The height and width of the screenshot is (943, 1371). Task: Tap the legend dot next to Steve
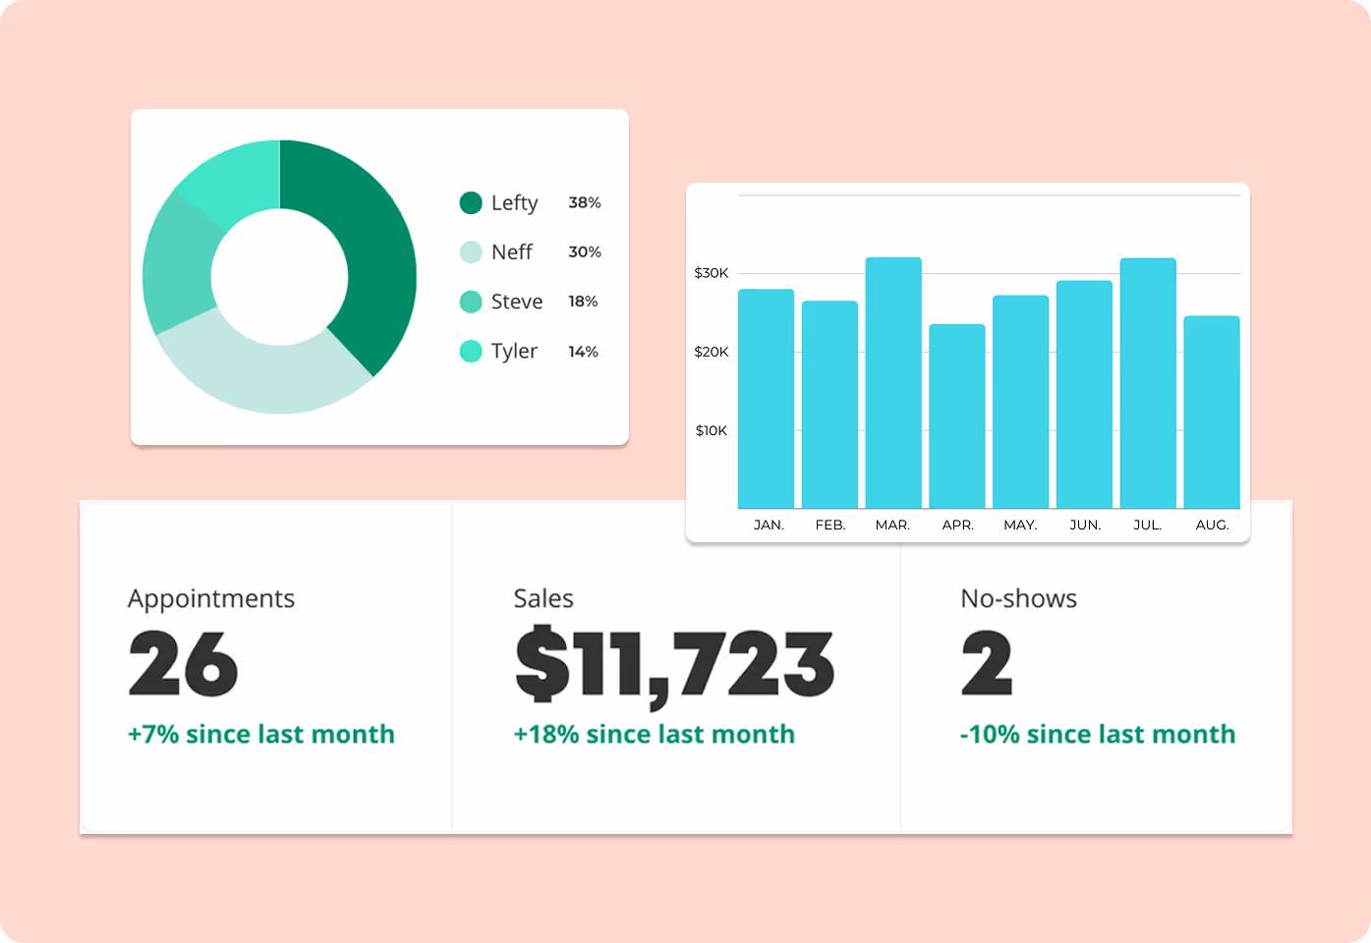pos(471,302)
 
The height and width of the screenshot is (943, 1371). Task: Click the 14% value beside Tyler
pos(583,352)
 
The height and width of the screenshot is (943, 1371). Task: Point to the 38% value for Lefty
pos(584,202)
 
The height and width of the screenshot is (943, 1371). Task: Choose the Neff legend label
pos(511,252)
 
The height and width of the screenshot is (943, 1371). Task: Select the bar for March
pos(892,383)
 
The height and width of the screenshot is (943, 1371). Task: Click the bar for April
pos(956,416)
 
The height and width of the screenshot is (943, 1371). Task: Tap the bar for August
pos(1211,413)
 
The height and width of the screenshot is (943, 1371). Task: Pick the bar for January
pos(766,399)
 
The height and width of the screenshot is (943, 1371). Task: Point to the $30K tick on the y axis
pos(711,273)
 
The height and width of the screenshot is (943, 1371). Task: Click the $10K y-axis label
pos(711,430)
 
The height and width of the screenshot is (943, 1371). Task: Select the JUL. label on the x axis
pos(1147,525)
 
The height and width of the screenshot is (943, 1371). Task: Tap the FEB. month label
pos(829,525)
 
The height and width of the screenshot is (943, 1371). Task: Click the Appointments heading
pos(210,599)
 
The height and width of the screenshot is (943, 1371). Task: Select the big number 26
pos(183,665)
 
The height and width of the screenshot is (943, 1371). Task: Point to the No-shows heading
pos(1018,599)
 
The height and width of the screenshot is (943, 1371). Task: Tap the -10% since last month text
pos(1097,734)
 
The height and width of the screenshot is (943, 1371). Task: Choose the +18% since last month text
pos(654,734)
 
